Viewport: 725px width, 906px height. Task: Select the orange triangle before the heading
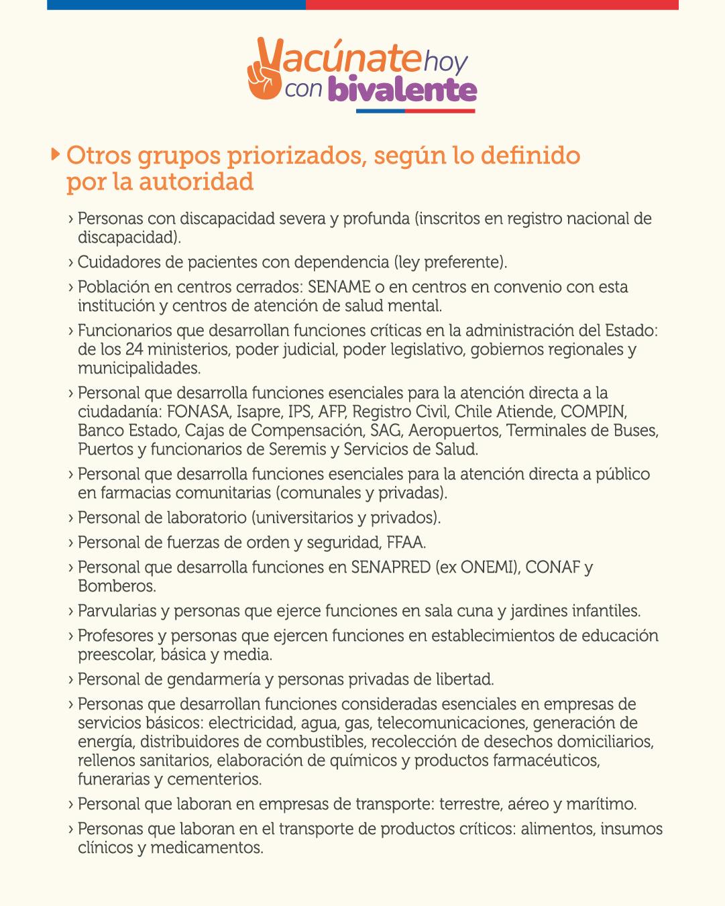tap(56, 155)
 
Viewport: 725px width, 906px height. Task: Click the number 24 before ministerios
tap(135, 349)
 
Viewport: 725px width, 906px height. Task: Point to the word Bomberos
tap(116, 586)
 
